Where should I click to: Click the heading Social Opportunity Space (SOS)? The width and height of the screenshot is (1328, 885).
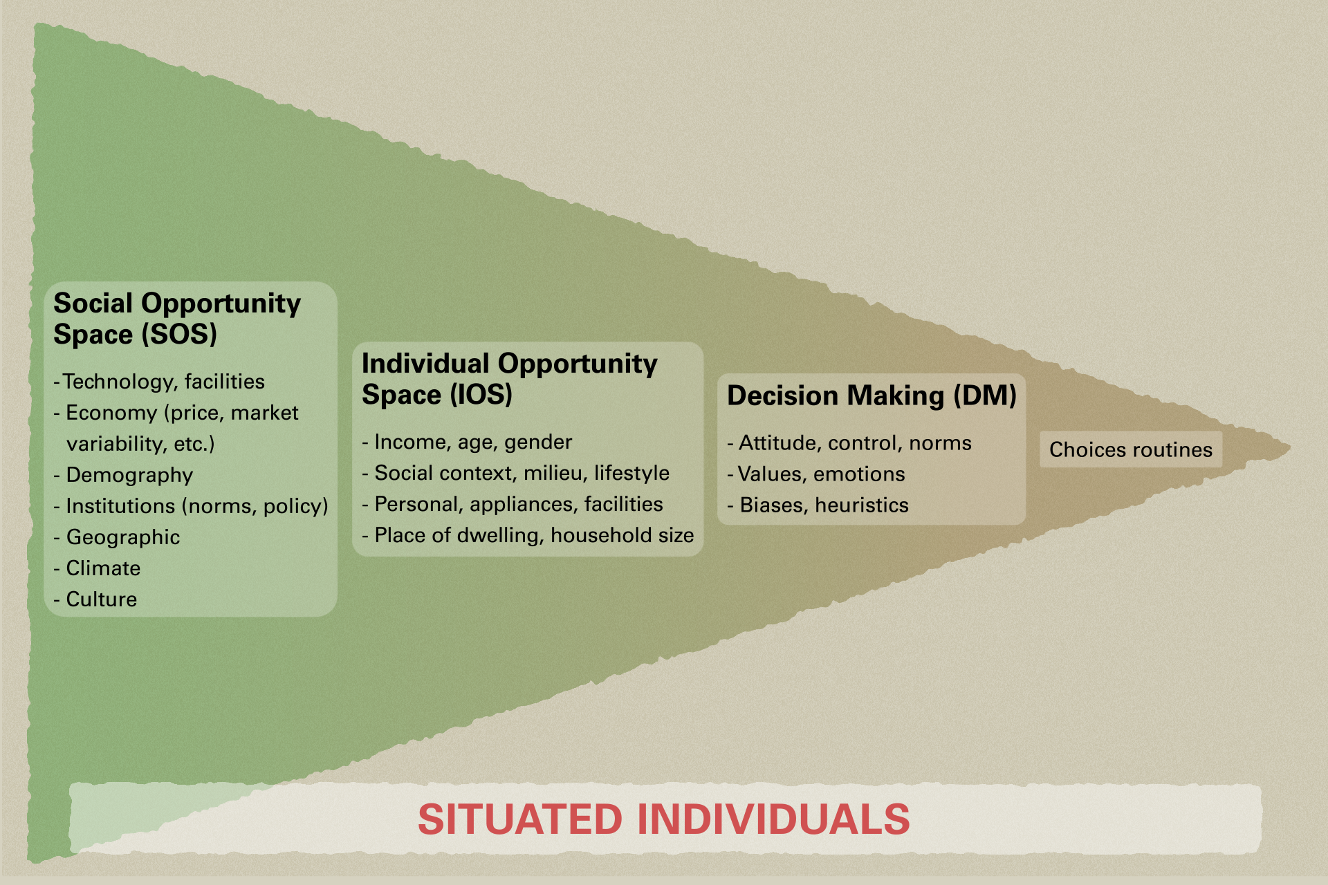click(177, 319)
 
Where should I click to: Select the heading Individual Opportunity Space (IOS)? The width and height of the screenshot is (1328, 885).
click(509, 379)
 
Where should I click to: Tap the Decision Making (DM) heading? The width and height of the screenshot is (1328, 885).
click(871, 396)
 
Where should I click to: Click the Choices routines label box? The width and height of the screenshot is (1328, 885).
click(1131, 449)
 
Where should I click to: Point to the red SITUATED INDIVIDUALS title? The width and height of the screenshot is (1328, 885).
click(664, 819)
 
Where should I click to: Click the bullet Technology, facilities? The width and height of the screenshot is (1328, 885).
click(159, 382)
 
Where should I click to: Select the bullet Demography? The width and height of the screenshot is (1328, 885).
click(123, 475)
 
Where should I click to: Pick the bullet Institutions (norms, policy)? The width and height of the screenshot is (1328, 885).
click(191, 506)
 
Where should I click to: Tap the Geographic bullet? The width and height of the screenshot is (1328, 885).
click(116, 537)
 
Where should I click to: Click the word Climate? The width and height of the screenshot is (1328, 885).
click(103, 568)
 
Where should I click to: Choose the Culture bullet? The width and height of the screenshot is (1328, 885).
click(95, 599)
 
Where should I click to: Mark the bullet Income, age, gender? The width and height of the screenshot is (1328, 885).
click(467, 442)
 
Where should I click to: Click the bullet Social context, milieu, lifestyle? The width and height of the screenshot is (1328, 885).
click(515, 473)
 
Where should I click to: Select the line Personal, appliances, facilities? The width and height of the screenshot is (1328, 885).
click(513, 504)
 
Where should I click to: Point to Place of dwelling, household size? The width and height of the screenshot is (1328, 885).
click(528, 535)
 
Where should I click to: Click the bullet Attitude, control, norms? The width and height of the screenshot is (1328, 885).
click(849, 443)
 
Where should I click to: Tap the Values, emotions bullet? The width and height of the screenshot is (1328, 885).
click(816, 474)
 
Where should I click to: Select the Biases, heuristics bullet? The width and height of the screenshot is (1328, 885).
click(818, 505)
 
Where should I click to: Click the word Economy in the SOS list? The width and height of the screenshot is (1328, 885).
click(111, 413)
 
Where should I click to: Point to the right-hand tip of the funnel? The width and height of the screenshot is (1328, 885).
click(1290, 448)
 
